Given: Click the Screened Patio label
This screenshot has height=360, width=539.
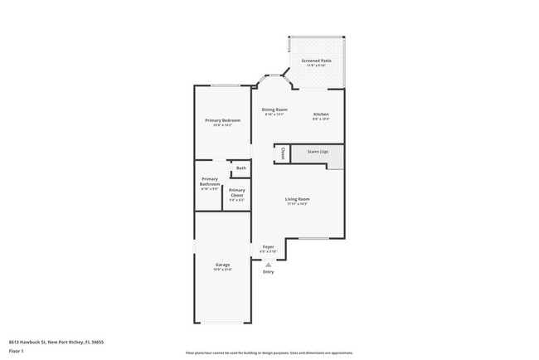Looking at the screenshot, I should click(x=316, y=61).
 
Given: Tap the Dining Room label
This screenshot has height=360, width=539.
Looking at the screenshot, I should click(x=274, y=109).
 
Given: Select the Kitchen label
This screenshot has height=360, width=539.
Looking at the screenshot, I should click(x=321, y=114).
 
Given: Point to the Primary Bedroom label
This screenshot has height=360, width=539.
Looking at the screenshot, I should click(x=222, y=120).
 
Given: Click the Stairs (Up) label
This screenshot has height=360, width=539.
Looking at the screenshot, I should click(x=318, y=152).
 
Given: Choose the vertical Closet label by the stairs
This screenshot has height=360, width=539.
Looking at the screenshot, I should click(x=284, y=153).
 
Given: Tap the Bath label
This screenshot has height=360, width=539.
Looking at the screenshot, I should click(x=240, y=168).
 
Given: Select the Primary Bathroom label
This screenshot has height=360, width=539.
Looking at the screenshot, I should click(x=210, y=181).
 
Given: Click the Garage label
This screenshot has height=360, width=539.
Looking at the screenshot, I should click(x=222, y=264).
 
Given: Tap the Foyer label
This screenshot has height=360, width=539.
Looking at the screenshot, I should click(x=268, y=246).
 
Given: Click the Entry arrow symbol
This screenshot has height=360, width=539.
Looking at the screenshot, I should click(x=268, y=264).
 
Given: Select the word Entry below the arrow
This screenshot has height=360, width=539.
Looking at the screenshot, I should click(x=268, y=272).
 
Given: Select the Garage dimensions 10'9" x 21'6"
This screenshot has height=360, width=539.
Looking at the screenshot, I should click(x=222, y=270).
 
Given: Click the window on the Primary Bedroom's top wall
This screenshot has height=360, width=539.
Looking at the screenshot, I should click(x=222, y=85).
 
